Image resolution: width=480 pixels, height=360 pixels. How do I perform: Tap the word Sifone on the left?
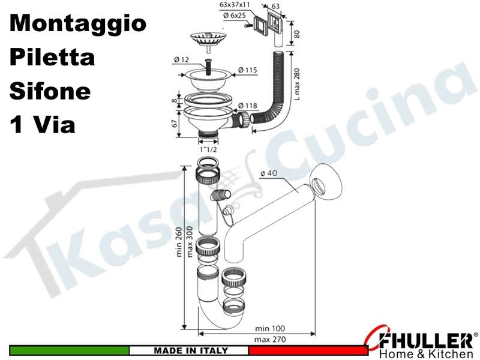pyautogui.click(x=50, y=91)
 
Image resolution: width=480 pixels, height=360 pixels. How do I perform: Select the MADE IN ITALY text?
pyautogui.click(x=191, y=350)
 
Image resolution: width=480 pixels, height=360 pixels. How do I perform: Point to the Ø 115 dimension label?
pyautogui.click(x=248, y=70)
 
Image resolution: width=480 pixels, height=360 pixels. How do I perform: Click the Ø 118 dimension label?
pyautogui.click(x=248, y=106)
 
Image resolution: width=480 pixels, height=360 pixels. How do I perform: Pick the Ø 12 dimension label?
pyautogui.click(x=182, y=59)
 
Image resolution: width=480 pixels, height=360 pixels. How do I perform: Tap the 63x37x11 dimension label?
pyautogui.click(x=235, y=5)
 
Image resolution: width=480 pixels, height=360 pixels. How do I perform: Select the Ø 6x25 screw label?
pyautogui.click(x=235, y=15)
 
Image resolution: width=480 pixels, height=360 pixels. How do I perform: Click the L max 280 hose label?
pyautogui.click(x=296, y=83)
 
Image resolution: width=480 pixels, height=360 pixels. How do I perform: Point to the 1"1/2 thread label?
pyautogui.click(x=208, y=149)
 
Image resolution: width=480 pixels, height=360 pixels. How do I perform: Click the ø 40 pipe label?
pyautogui.click(x=268, y=173)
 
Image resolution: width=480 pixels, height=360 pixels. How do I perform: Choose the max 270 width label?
pyautogui.click(x=269, y=339)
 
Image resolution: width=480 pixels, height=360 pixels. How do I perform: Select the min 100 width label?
pyautogui.click(x=269, y=328)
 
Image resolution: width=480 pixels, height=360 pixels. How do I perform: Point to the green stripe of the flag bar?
pyautogui.click(x=69, y=350)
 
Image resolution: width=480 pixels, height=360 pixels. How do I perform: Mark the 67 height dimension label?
pyautogui.click(x=175, y=124)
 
